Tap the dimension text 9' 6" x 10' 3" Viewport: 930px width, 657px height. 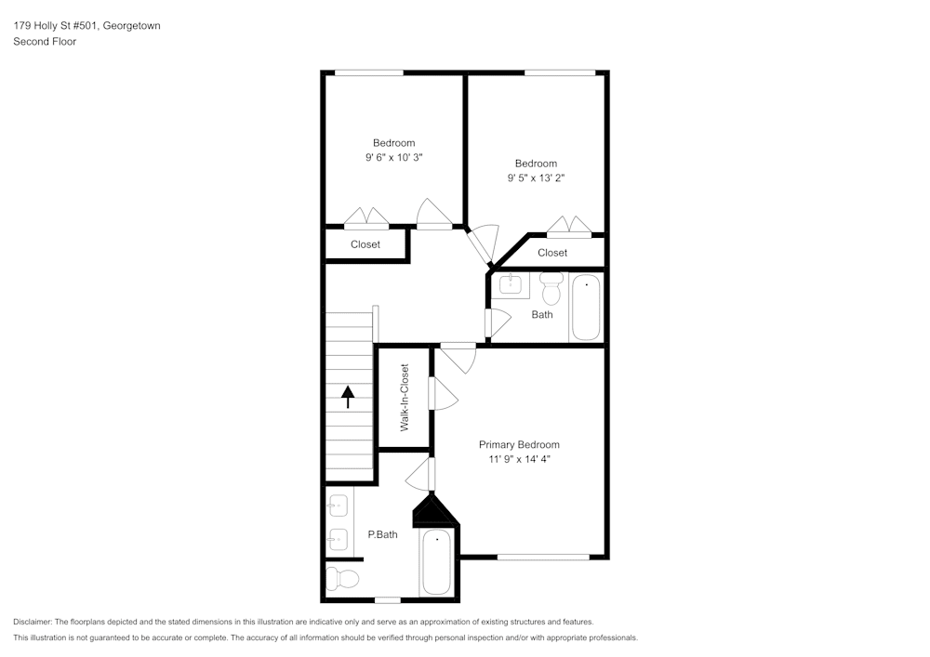point(394,158)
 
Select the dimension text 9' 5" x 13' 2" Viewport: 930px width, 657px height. point(536,178)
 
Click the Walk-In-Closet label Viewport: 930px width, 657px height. point(405,397)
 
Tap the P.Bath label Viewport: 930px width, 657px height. point(382,534)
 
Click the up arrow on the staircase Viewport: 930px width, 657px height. point(349,397)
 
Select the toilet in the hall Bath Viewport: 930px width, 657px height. point(551,290)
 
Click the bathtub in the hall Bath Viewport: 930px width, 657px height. point(586,308)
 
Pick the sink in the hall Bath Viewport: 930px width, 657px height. point(510,284)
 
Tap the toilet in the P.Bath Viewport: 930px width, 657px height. point(343,579)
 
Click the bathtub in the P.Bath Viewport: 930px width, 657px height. point(436,562)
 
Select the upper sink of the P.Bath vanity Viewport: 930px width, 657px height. point(339,506)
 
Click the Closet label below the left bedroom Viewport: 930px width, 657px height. point(365,244)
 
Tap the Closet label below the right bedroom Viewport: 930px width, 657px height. point(551,253)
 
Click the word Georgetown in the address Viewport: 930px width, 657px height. point(132,26)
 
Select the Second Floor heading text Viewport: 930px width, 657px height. point(45,42)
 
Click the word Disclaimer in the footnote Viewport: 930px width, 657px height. point(33,622)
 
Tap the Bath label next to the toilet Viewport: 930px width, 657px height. point(542,314)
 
